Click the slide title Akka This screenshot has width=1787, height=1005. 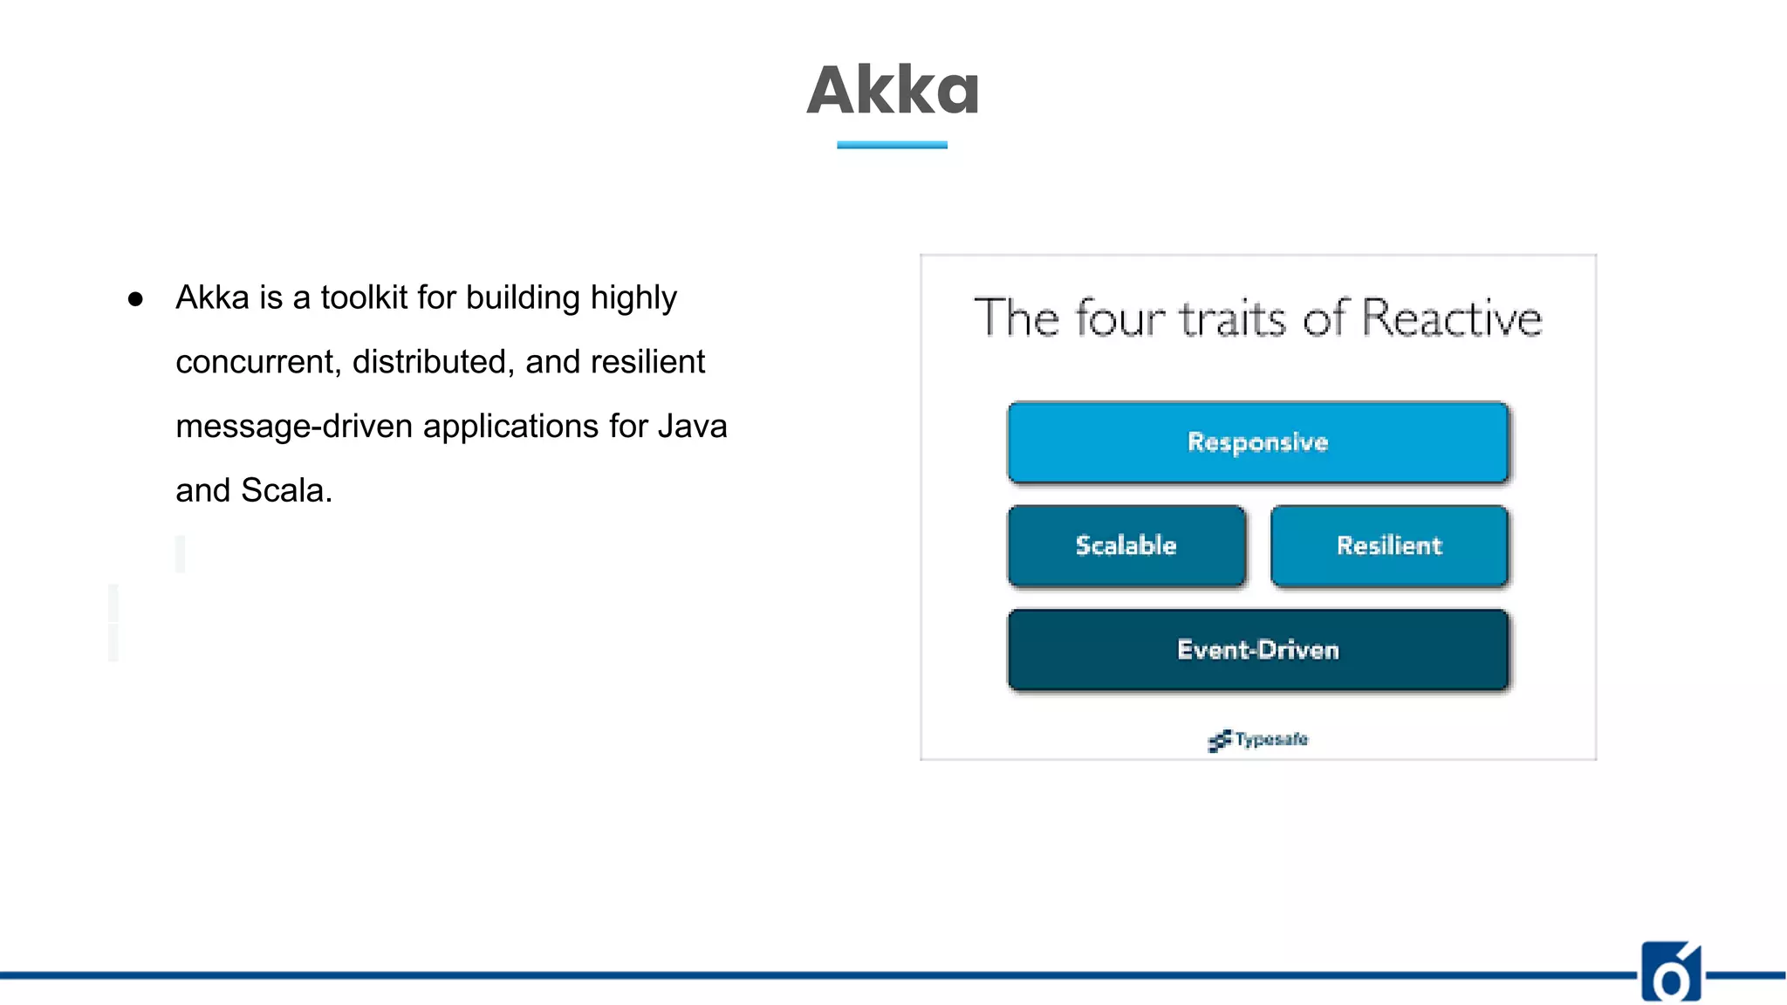tap(893, 90)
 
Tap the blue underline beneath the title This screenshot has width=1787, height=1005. tap(892, 145)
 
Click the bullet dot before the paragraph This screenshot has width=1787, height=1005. tap(135, 299)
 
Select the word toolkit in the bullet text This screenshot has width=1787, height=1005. tap(364, 297)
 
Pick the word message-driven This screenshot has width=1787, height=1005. tap(293, 427)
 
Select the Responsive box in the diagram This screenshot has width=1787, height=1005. tap(1257, 442)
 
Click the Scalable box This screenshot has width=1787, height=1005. tap(1126, 546)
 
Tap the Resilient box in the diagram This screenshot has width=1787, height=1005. tap(1389, 546)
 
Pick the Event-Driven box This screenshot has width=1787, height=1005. tap(1257, 650)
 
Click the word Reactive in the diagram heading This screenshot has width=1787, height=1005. tap(1451, 318)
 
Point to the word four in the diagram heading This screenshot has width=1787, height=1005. tap(1119, 318)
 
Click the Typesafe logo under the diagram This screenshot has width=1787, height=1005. tap(1258, 740)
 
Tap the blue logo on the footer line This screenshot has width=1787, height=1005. tap(1670, 973)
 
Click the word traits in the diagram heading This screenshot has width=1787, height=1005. tap(1233, 318)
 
